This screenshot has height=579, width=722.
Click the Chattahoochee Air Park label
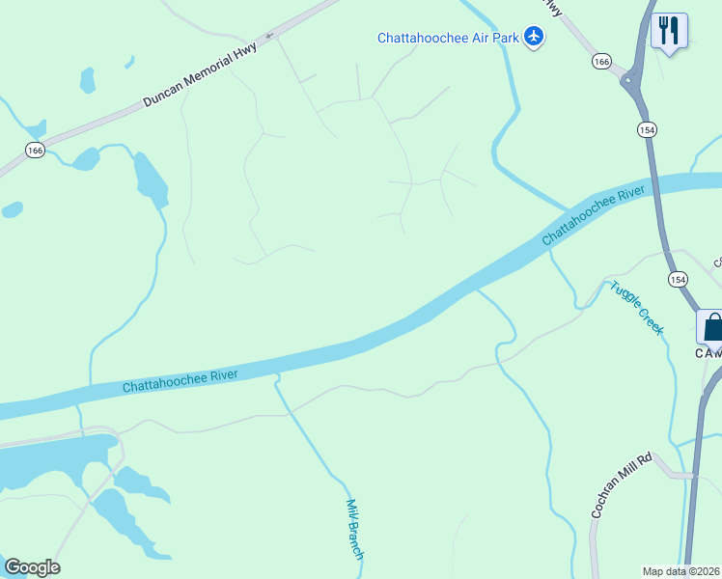(448, 39)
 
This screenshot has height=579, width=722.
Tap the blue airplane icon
(534, 38)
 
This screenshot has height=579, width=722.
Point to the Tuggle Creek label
(636, 308)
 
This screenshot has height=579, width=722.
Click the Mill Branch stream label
(354, 529)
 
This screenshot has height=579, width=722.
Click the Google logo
(32, 567)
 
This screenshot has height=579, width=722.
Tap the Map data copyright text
(680, 571)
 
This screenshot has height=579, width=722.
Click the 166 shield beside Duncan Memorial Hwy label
(36, 150)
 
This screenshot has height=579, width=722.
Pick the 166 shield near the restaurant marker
(602, 62)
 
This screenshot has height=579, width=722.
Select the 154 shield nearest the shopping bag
(678, 278)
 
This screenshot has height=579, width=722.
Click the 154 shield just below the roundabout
(646, 129)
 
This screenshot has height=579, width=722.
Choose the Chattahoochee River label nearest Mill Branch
(192, 375)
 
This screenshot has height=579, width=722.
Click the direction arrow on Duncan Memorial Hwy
(269, 36)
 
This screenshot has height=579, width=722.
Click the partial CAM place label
(708, 353)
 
